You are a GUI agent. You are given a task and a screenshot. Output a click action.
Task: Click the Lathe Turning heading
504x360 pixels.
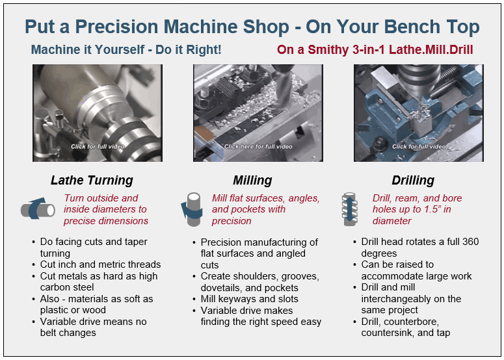click(92, 181)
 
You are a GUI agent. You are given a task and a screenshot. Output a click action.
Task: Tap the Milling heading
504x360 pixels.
click(252, 181)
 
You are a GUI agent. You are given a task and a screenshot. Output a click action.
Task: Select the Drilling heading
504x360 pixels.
click(413, 181)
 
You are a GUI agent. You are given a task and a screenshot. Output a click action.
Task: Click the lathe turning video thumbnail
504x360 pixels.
click(98, 113)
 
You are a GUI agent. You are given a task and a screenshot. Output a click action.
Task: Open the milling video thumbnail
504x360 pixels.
click(258, 113)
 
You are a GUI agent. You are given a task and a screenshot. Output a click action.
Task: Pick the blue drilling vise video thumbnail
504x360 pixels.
click(419, 113)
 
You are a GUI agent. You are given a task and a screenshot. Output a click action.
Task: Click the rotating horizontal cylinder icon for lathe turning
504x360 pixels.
click(38, 209)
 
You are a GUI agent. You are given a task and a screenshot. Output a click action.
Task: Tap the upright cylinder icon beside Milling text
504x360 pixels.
click(192, 209)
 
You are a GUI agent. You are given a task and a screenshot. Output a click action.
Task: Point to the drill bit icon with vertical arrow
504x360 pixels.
click(350, 209)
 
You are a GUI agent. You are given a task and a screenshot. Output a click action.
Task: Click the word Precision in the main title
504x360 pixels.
click(117, 27)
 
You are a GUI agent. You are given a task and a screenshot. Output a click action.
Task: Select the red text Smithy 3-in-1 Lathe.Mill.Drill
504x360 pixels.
click(390, 50)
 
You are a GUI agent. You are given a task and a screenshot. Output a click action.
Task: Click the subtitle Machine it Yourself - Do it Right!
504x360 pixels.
click(126, 50)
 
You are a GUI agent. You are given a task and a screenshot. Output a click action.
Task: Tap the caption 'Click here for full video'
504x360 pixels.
click(258, 147)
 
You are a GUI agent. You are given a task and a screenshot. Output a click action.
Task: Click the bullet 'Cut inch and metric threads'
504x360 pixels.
click(100, 264)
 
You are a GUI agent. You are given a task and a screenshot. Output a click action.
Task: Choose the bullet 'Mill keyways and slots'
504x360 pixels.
click(250, 299)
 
